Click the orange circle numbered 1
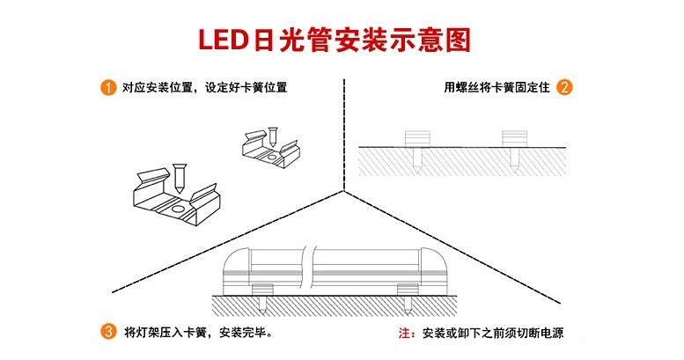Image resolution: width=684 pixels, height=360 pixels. [107, 88]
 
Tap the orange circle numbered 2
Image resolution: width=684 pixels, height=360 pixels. [564, 88]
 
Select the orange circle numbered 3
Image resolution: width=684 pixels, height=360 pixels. [107, 333]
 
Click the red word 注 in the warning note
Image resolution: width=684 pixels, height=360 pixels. [405, 334]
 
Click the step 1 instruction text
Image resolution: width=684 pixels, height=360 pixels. [205, 88]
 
